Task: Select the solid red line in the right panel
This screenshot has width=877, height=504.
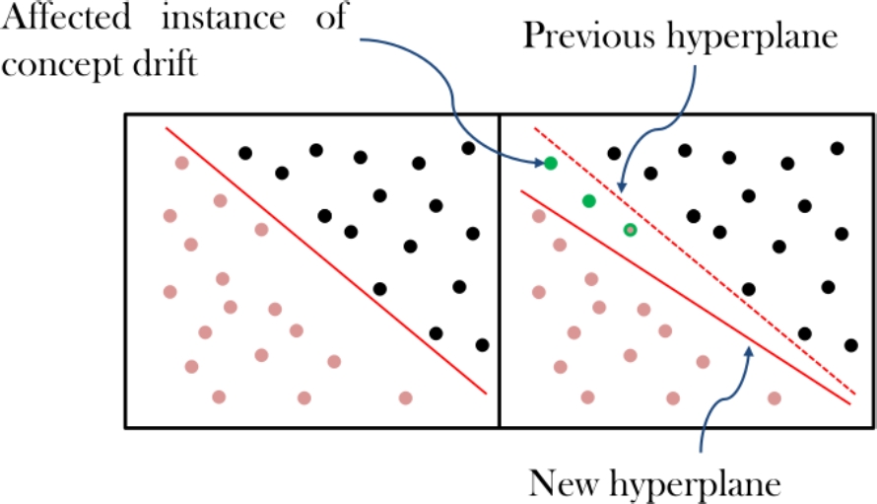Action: pyautogui.click(x=690, y=296)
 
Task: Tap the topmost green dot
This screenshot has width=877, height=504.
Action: pyautogui.click(x=551, y=163)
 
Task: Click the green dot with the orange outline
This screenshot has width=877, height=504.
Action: pyautogui.click(x=631, y=230)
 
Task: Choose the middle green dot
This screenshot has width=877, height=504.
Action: pyautogui.click(x=589, y=201)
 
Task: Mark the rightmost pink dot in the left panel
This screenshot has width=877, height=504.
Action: pyautogui.click(x=405, y=397)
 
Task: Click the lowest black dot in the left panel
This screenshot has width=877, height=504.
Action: pyautogui.click(x=482, y=344)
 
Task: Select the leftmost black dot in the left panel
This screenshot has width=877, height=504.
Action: pyautogui.click(x=245, y=153)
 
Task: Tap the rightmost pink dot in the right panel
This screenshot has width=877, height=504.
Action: pyautogui.click(x=775, y=398)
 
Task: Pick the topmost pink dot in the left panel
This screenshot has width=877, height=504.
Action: pyautogui.click(x=181, y=163)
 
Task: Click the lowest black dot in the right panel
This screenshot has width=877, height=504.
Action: pyautogui.click(x=851, y=344)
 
